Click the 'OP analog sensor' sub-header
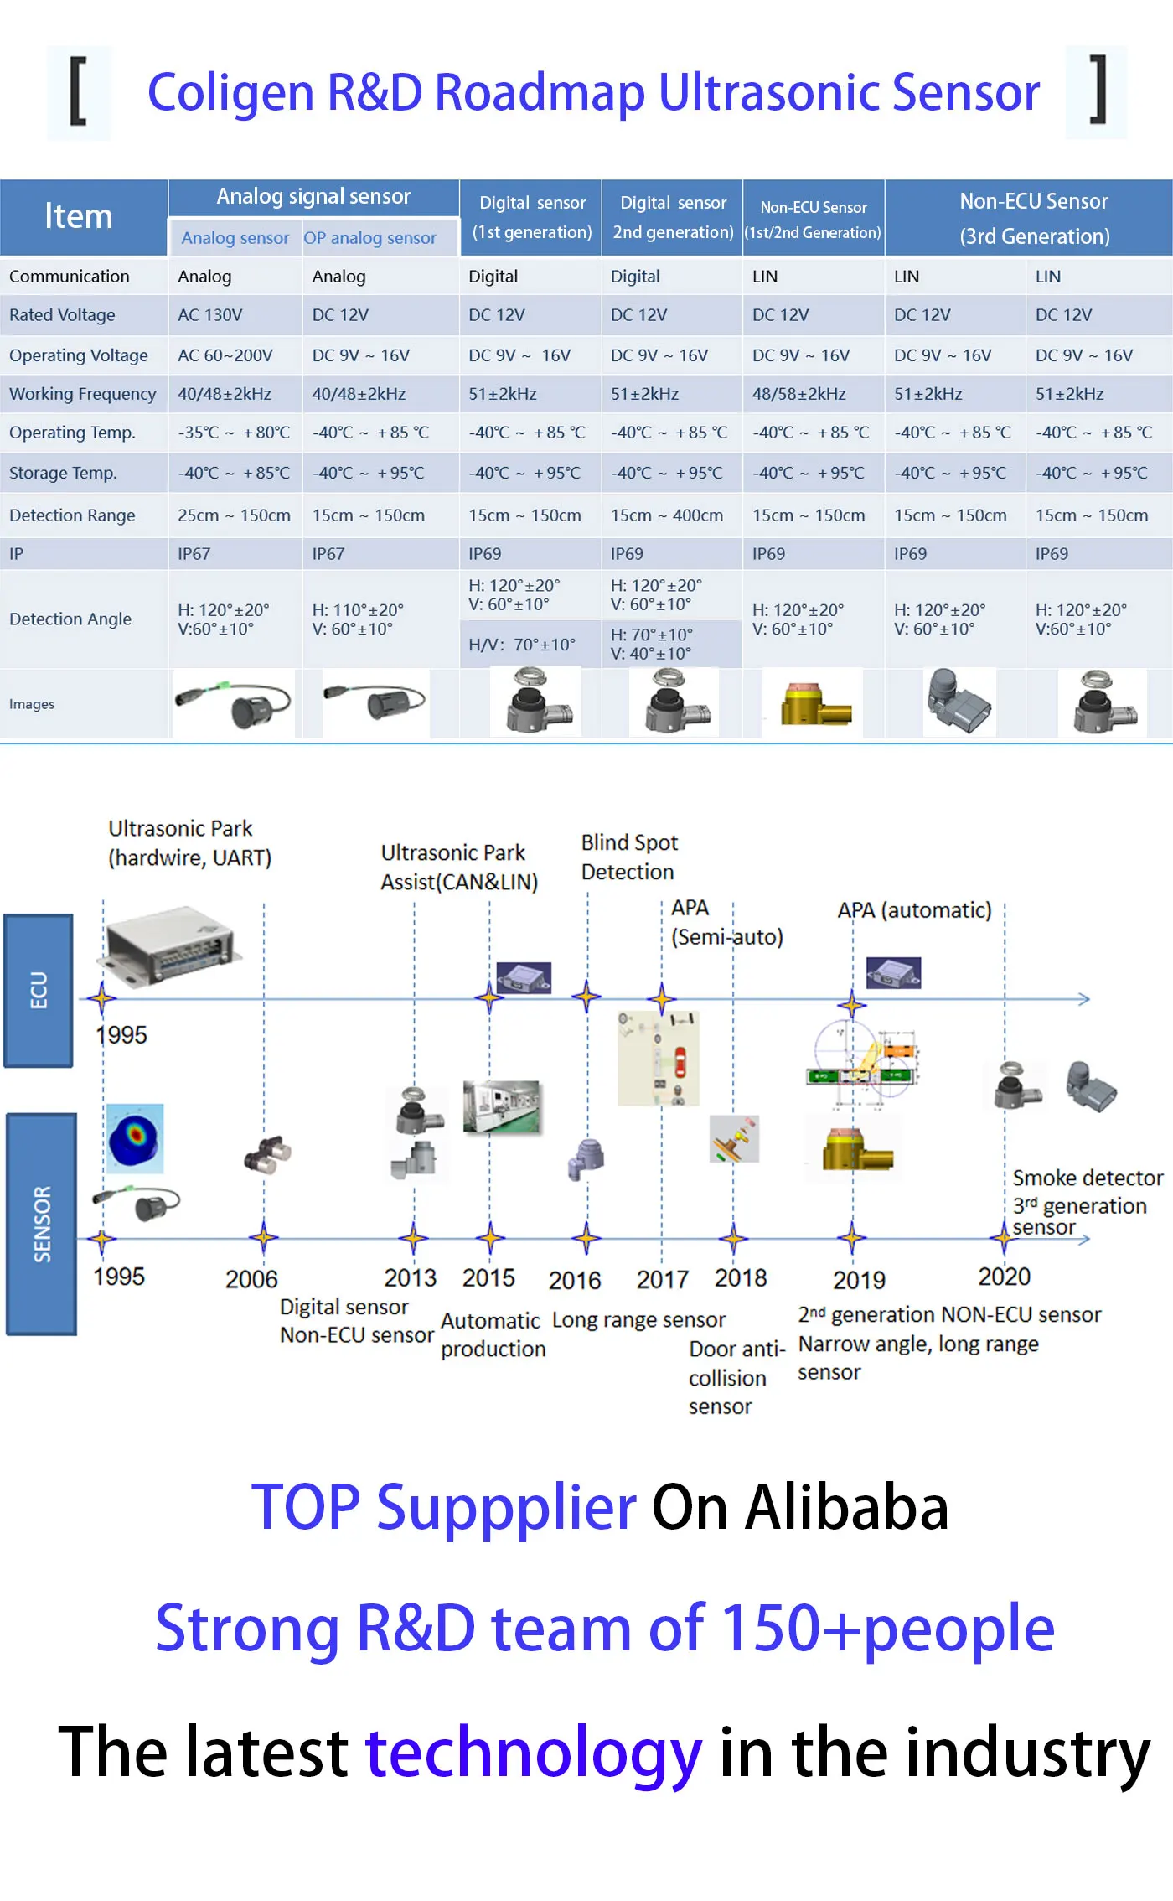pyautogui.click(x=369, y=238)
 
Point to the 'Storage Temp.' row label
pyautogui.click(x=63, y=473)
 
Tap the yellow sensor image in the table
pyautogui.click(x=815, y=704)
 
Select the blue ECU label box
pyautogui.click(x=39, y=991)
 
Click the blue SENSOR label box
pyautogui.click(x=41, y=1224)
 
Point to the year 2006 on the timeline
pyautogui.click(x=251, y=1279)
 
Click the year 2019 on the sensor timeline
pyautogui.click(x=859, y=1280)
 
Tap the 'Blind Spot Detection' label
pyautogui.click(x=629, y=857)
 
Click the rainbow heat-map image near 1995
pyautogui.click(x=135, y=1137)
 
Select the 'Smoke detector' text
pyautogui.click(x=1088, y=1178)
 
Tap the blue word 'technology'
pyautogui.click(x=534, y=1753)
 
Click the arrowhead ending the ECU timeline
pyautogui.click(x=1083, y=999)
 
